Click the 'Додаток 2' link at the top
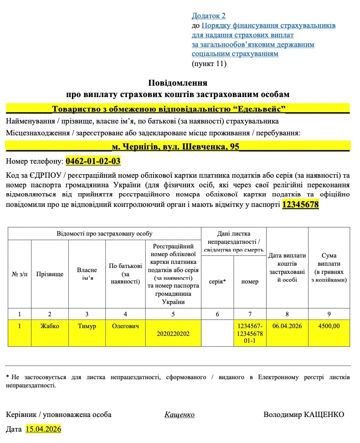tap(208, 16)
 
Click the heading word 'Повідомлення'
tap(178, 83)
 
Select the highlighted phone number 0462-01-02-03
tap(93, 161)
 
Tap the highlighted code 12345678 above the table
tap(300, 205)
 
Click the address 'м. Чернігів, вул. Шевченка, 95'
tap(175, 147)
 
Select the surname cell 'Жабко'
tap(49, 326)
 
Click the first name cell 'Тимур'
tap(87, 326)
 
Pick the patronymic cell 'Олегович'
tap(125, 326)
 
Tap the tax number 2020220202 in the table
tap(173, 334)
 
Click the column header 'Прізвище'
tap(49, 274)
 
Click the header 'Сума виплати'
tap(329, 268)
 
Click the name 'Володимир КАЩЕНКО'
tap(303, 414)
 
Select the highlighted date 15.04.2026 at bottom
tap(43, 429)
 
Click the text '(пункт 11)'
tap(209, 64)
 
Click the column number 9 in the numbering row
tap(329, 314)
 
